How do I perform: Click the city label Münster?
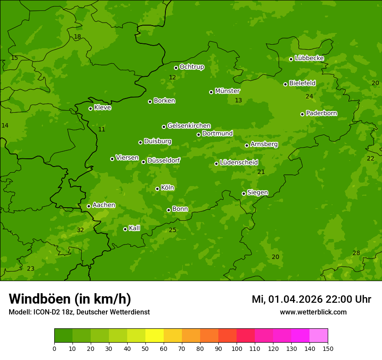tap(227, 91)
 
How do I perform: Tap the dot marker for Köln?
tap(157, 189)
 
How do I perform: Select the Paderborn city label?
tap(321, 113)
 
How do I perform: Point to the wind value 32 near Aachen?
tap(80, 230)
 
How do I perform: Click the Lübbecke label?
tap(309, 58)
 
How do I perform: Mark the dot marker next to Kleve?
tap(90, 108)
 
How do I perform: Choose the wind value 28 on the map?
tap(356, 253)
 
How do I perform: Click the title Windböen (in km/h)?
tap(70, 299)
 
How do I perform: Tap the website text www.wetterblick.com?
tap(313, 312)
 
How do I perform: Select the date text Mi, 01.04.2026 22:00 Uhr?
tap(311, 299)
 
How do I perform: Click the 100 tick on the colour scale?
tap(237, 348)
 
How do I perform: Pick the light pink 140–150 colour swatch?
tap(319, 336)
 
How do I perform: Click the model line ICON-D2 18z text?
tap(79, 312)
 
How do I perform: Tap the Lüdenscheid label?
tap(239, 163)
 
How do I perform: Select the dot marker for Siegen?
tap(244, 193)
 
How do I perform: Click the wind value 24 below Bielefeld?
tap(309, 96)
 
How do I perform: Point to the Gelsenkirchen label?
tap(189, 126)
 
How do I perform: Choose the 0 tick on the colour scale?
tap(54, 348)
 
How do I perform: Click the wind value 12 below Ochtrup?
tap(172, 77)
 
